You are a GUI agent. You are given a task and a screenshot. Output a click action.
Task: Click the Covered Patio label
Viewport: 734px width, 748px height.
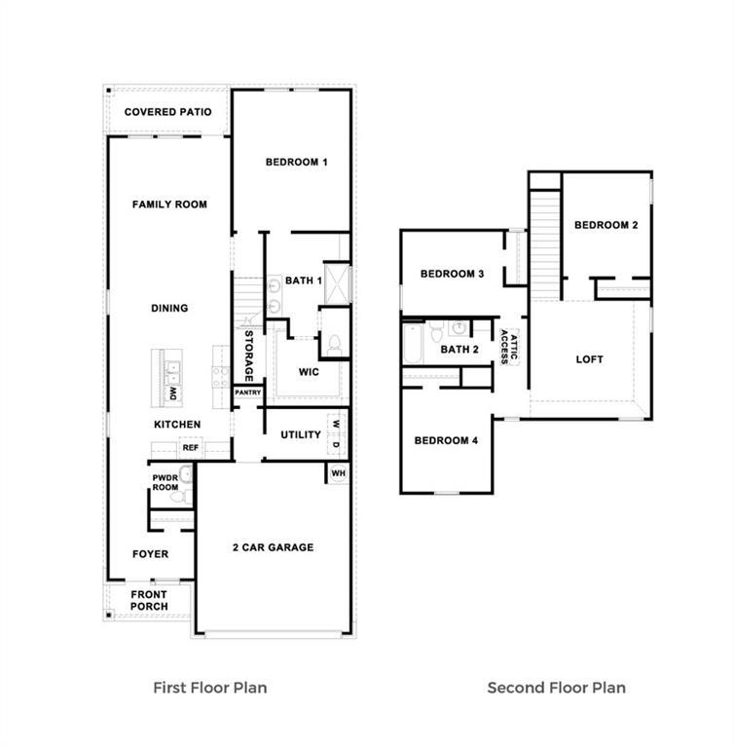[167, 112]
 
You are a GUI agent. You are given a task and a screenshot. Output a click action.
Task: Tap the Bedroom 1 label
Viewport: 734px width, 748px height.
[296, 162]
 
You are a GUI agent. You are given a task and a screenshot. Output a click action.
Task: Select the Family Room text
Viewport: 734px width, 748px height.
[169, 205]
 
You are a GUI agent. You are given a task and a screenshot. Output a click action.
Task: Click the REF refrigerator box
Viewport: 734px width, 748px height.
[191, 448]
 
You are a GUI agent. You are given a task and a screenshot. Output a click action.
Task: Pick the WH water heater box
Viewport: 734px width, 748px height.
[338, 472]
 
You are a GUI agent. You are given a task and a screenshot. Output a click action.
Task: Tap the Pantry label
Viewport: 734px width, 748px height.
[247, 393]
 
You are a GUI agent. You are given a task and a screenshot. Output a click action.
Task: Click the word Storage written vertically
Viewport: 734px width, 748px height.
[249, 355]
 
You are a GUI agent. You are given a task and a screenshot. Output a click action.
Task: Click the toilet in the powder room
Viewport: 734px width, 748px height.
[178, 497]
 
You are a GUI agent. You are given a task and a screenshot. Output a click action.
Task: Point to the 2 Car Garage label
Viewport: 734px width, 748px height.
[272, 547]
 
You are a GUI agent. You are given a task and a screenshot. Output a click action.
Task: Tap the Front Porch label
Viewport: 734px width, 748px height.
[149, 600]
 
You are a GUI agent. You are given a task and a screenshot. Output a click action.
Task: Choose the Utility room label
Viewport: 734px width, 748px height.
[300, 434]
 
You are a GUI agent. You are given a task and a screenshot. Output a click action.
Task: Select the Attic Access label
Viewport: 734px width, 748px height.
[508, 343]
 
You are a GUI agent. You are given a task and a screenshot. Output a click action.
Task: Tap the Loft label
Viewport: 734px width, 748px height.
[589, 359]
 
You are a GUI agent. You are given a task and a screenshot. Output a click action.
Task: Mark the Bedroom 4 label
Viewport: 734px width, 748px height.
[446, 440]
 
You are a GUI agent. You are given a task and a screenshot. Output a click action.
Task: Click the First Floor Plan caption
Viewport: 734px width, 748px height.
[210, 687]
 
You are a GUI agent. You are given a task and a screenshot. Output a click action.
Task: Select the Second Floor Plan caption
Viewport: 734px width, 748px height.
[556, 687]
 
